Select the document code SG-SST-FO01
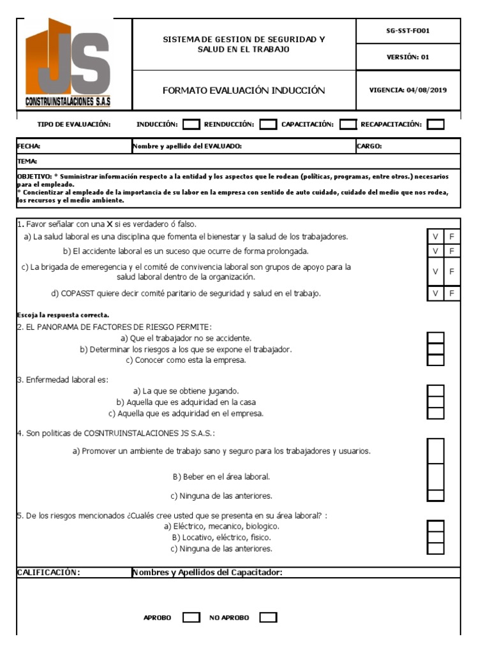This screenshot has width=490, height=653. pyautogui.click(x=408, y=31)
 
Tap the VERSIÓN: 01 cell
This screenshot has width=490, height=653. pyautogui.click(x=408, y=57)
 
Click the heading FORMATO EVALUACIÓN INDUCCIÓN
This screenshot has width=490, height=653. pyautogui.click(x=244, y=91)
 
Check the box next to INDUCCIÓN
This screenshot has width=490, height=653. pyautogui.click(x=191, y=124)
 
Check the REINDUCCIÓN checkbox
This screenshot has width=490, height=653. pyautogui.click(x=269, y=124)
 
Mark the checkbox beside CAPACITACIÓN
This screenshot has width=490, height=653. pyautogui.click(x=348, y=124)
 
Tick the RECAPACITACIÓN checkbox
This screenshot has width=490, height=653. pyautogui.click(x=436, y=124)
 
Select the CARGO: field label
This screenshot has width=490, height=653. pyautogui.click(x=369, y=146)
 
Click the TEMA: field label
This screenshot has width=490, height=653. pyautogui.click(x=27, y=161)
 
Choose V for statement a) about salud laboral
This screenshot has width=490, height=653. pyautogui.click(x=435, y=237)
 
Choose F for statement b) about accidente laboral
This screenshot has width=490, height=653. pyautogui.click(x=452, y=251)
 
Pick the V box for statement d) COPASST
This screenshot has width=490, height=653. pyautogui.click(x=435, y=293)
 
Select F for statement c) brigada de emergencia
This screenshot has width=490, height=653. pyautogui.click(x=452, y=272)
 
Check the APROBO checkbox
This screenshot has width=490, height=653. pyautogui.click(x=191, y=617)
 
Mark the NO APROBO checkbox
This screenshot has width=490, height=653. pyautogui.click(x=269, y=617)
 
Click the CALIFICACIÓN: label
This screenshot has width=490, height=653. pyautogui.click(x=48, y=572)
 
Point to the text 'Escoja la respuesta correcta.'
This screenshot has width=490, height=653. pyautogui.click(x=63, y=315)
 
